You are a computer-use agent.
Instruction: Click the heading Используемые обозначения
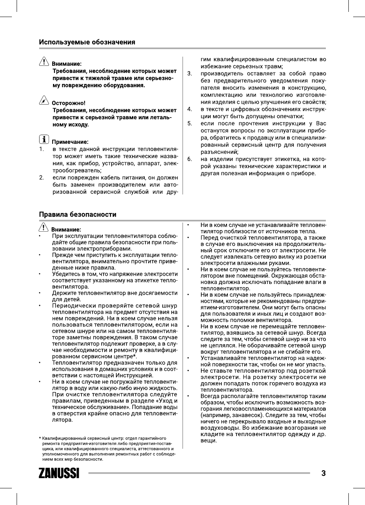tap(87, 42)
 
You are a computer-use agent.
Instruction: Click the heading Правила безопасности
tap(78, 215)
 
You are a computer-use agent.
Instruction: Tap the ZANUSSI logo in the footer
tap(59, 473)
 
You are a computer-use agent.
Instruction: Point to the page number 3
tap(323, 473)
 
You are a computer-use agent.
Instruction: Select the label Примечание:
tap(70, 142)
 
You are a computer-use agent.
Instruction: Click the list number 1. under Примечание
tap(41, 149)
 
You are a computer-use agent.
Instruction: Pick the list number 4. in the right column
tap(190, 109)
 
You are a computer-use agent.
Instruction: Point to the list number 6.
tap(190, 159)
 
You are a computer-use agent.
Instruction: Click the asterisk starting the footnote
tap(40, 438)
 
